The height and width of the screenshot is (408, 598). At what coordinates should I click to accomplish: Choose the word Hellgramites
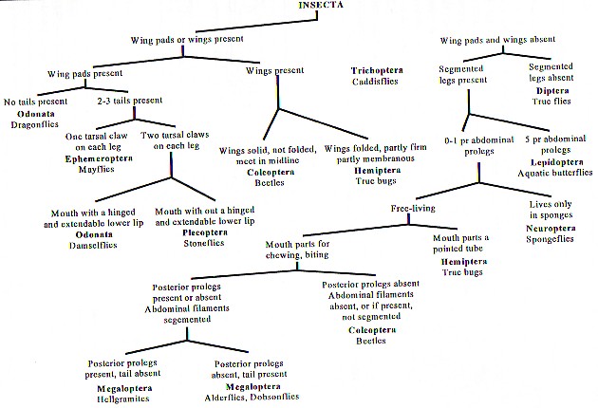(117, 398)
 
